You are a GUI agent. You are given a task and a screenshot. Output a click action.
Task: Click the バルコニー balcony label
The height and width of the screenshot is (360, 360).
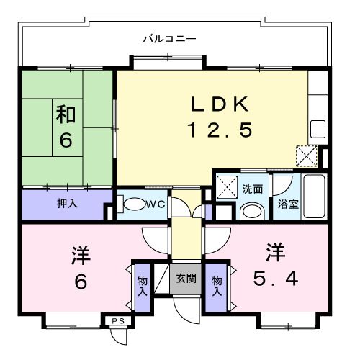(x=169, y=37)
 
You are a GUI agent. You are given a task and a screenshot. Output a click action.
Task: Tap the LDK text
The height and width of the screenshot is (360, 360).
(x=220, y=105)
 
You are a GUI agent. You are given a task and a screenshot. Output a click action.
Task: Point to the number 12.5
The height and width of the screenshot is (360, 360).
(x=220, y=130)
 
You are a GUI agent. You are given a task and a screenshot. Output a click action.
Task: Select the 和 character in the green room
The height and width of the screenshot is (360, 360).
(x=66, y=114)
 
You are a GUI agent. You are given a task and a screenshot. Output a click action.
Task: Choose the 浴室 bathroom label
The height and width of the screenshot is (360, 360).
(x=289, y=204)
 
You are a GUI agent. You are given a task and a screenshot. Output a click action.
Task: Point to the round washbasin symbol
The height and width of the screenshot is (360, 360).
(x=251, y=211)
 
